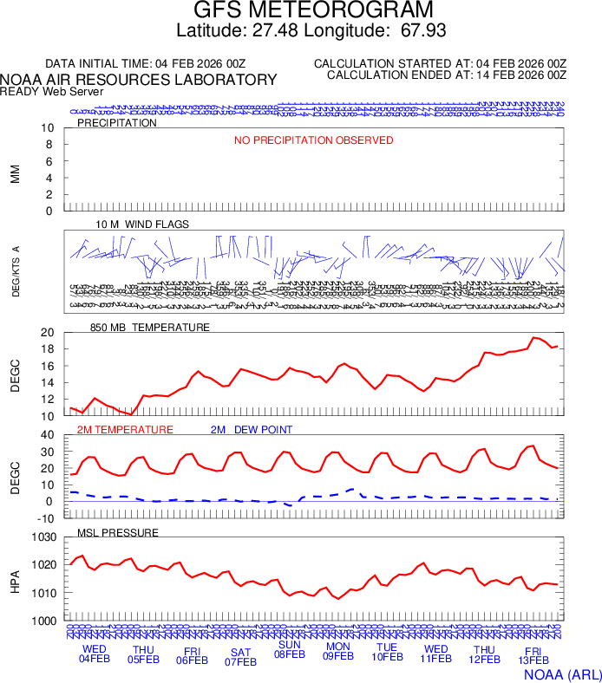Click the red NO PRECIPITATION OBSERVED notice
pyautogui.click(x=314, y=140)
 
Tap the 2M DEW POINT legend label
pyautogui.click(x=252, y=430)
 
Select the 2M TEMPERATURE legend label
pyautogui.click(x=125, y=430)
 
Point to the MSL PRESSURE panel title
pyautogui.click(x=118, y=531)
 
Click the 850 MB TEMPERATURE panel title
pyautogui.click(x=150, y=328)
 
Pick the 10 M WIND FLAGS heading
pyautogui.click(x=142, y=224)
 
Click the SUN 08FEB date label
pyautogui.click(x=290, y=649)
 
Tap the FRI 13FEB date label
pyautogui.click(x=533, y=656)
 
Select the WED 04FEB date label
pyautogui.click(x=95, y=654)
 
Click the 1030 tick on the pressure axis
pyautogui.click(x=45, y=537)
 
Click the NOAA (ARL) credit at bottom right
pyautogui.click(x=560, y=673)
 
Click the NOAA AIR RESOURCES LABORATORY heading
pyautogui.click(x=139, y=80)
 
